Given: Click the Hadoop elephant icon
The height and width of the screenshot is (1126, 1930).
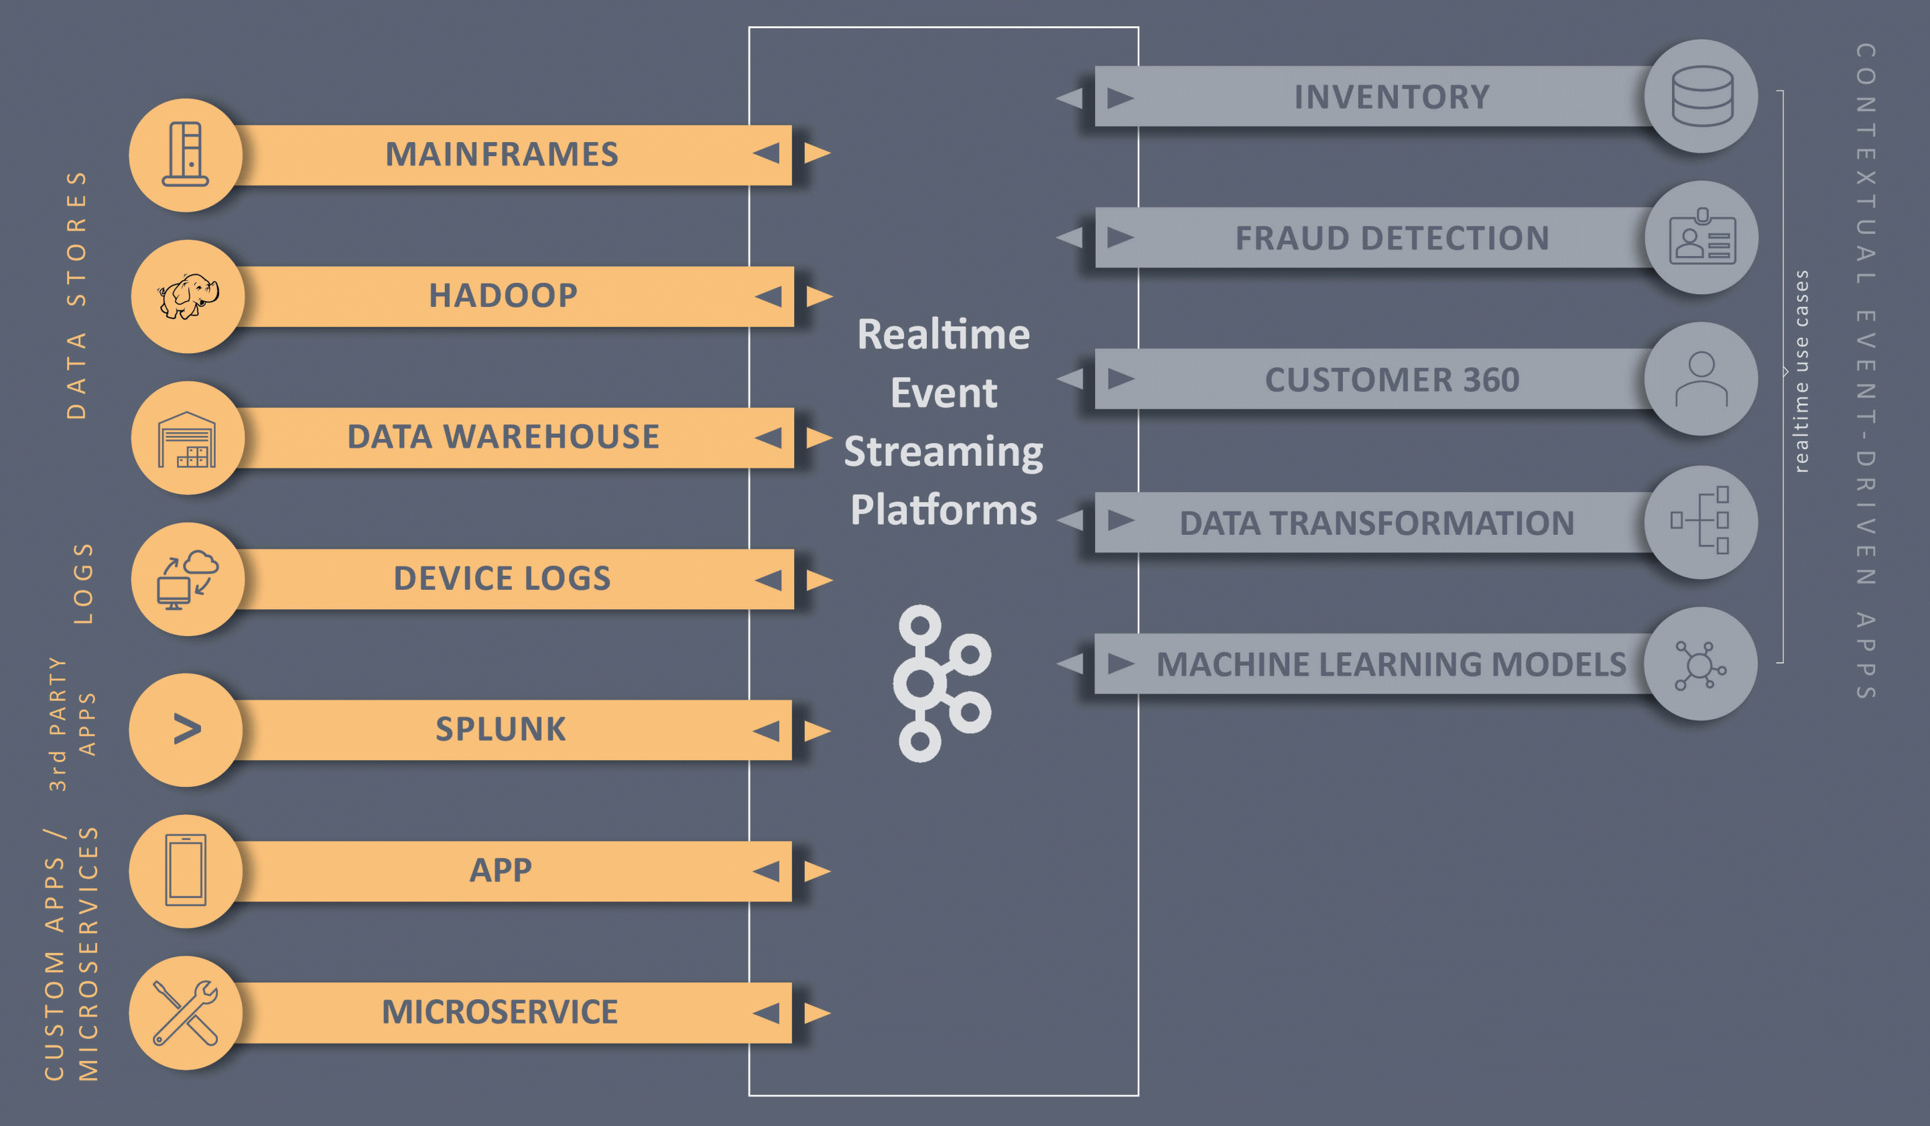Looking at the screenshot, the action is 188,296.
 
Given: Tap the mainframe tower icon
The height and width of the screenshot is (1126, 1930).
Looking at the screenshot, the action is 186,154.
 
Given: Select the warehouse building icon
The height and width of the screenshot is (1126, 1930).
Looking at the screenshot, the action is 187,439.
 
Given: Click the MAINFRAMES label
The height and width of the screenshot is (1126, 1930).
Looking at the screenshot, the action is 502,154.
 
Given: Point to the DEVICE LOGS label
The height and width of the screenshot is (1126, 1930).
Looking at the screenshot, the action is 503,578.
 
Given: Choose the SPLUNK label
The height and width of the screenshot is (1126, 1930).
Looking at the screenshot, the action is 501,729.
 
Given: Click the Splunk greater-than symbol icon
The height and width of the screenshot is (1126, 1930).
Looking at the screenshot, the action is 187,729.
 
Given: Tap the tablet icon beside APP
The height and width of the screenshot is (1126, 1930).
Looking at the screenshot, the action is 186,870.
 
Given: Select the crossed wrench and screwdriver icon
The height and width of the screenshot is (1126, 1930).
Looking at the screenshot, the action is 186,1013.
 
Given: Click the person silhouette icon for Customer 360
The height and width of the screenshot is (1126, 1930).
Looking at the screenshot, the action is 1701,379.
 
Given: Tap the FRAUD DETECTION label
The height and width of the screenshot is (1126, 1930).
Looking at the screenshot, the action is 1393,238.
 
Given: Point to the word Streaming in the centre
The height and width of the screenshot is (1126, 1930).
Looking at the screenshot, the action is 944,452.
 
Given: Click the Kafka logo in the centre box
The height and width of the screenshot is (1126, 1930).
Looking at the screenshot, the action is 942,683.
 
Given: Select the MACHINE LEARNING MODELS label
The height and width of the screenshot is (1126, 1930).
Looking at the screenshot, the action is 1391,664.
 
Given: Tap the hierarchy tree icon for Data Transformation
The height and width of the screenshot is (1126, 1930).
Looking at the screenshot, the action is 1700,520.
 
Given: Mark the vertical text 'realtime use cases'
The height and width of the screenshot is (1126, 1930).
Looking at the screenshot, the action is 1801,371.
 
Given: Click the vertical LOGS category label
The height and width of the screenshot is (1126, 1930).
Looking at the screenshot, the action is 82,584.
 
